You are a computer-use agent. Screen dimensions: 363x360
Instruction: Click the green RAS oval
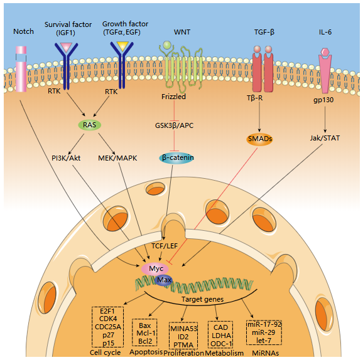point(89,125)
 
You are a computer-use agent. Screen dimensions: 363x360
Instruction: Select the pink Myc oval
point(155,268)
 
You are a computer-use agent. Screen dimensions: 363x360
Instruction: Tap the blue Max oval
point(164,280)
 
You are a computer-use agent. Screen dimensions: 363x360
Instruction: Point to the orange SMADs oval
point(259,139)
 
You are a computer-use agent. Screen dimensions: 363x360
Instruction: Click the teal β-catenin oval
point(176,158)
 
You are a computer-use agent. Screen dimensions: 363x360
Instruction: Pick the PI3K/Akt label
point(66,158)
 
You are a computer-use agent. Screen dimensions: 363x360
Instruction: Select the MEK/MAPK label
point(117,158)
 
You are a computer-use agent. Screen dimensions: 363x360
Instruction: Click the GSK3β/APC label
point(174,125)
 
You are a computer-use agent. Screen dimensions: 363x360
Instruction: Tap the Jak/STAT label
point(325,138)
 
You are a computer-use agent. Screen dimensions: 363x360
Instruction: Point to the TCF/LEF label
point(165,246)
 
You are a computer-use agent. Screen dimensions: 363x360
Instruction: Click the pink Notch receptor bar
point(21,68)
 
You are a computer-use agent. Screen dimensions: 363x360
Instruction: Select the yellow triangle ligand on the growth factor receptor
point(122,46)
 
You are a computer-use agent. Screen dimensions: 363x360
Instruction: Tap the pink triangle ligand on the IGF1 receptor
point(66,47)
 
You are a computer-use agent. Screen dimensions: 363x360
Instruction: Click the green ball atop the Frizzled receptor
point(167,45)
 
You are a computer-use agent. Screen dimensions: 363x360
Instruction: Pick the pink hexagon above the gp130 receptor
point(325,52)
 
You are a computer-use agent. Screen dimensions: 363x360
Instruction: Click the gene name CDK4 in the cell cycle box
point(108,319)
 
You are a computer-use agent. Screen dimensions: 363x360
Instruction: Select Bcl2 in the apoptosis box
point(145,341)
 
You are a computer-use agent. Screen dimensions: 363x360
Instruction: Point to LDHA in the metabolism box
point(221,336)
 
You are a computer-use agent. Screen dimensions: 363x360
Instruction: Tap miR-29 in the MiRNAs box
point(263,332)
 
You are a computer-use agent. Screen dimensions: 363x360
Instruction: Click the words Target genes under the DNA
point(202,299)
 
